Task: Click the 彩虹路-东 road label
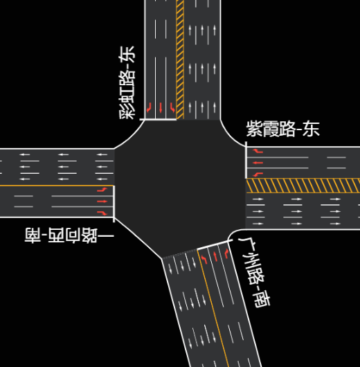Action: pos(127,82)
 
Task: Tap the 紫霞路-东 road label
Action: pos(282,129)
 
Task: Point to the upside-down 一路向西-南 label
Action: pos(69,235)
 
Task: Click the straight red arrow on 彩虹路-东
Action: pos(161,107)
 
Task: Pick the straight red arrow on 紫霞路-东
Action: pos(258,163)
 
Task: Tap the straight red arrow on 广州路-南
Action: pos(215,256)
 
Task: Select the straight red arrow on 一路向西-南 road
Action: pos(102,202)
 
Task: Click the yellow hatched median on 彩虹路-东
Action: pos(180,60)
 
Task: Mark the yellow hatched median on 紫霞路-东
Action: pos(303,186)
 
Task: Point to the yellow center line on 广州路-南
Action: pos(213,307)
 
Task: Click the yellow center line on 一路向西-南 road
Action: pos(57,186)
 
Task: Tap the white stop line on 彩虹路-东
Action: pos(159,120)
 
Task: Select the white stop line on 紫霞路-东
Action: pos(246,160)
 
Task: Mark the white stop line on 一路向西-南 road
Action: pos(114,204)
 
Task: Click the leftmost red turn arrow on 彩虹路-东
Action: pos(149,107)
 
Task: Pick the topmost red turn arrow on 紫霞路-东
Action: pos(258,151)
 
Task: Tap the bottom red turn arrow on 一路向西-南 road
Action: pos(102,213)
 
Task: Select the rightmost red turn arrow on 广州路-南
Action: pos(226,253)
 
